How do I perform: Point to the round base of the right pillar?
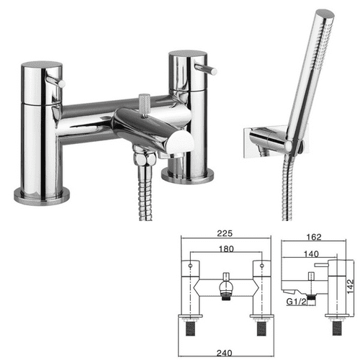tap(189, 175)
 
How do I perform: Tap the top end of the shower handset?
tap(325, 15)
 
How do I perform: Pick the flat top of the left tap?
tap(42, 66)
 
